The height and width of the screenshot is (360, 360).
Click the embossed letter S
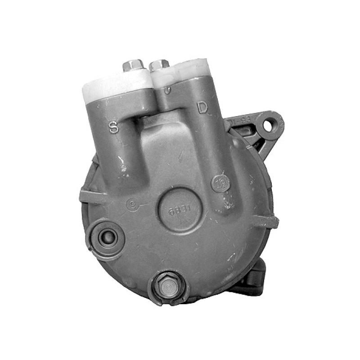(114, 127)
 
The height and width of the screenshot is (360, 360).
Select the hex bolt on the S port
(133, 66)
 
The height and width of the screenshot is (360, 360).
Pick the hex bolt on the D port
(159, 66)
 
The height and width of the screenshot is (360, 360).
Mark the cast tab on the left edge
(85, 197)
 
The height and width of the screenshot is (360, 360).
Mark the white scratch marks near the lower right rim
(234, 261)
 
